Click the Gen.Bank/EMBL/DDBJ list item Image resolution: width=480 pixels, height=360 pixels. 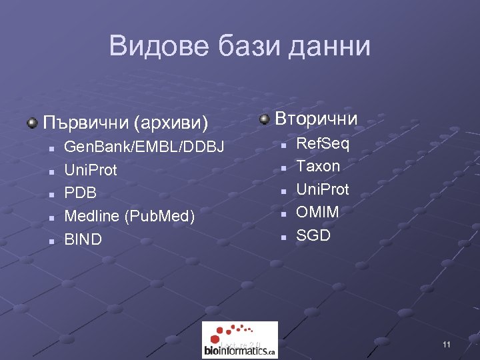click(x=144, y=147)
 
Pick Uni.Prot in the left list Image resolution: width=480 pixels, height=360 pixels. click(x=90, y=170)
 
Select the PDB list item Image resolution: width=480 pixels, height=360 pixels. click(x=80, y=193)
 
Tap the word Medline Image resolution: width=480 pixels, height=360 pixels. click(x=91, y=217)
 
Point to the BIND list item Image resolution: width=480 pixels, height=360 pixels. click(x=83, y=239)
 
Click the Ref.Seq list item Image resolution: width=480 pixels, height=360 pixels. click(x=323, y=143)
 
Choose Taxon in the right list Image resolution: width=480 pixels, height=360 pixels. click(x=318, y=166)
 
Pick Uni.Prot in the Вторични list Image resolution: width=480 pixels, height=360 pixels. click(x=323, y=189)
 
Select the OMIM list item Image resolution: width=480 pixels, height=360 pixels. click(x=317, y=212)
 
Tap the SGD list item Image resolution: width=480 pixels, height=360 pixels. click(x=313, y=235)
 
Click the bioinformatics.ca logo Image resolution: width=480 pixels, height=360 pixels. click(x=239, y=340)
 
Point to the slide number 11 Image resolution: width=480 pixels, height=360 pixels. click(x=446, y=345)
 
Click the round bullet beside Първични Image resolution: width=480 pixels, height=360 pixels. click(x=32, y=123)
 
